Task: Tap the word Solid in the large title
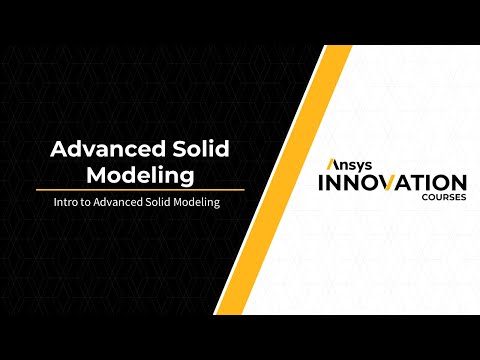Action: (200, 150)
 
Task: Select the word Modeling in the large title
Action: (140, 175)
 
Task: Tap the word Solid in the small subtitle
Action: (161, 202)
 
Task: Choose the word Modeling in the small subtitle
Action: (198, 202)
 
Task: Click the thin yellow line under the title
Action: (140, 189)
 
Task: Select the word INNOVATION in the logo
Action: (391, 183)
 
